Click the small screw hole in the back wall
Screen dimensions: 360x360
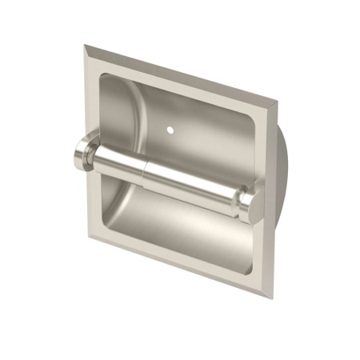(x=175, y=126)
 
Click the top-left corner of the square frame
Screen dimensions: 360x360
(x=86, y=46)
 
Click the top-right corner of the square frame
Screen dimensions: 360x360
(x=278, y=102)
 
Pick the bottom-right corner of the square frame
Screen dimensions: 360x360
(x=272, y=298)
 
